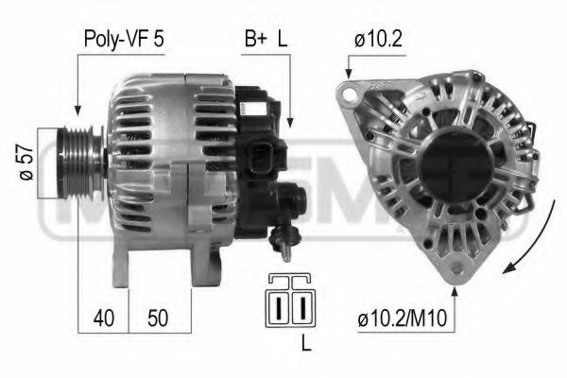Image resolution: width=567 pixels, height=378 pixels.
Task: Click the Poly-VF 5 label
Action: click(x=116, y=40)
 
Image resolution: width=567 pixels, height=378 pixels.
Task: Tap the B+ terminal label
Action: click(x=256, y=40)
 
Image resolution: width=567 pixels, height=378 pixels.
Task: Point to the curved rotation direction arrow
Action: click(x=529, y=227)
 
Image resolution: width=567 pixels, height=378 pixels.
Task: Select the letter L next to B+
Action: click(x=281, y=40)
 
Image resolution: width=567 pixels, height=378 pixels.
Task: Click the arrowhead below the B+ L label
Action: click(x=290, y=125)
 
